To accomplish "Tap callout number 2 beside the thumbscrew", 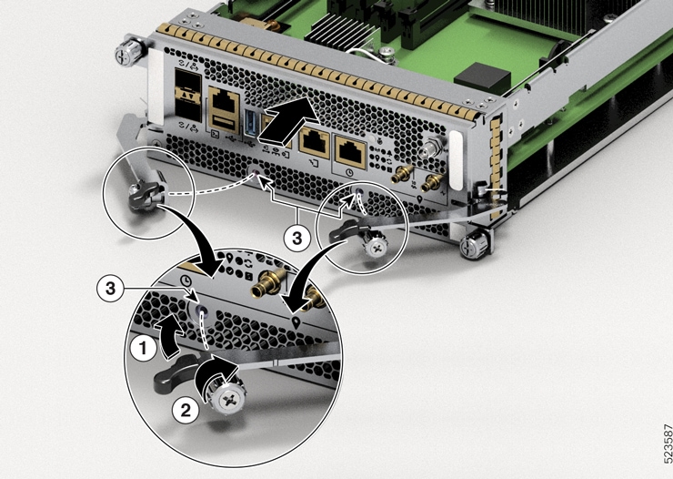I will coord(185,410).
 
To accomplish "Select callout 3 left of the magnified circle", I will coord(108,288).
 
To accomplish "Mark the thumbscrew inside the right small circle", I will coord(374,245).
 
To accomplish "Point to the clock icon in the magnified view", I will coord(186,282).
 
